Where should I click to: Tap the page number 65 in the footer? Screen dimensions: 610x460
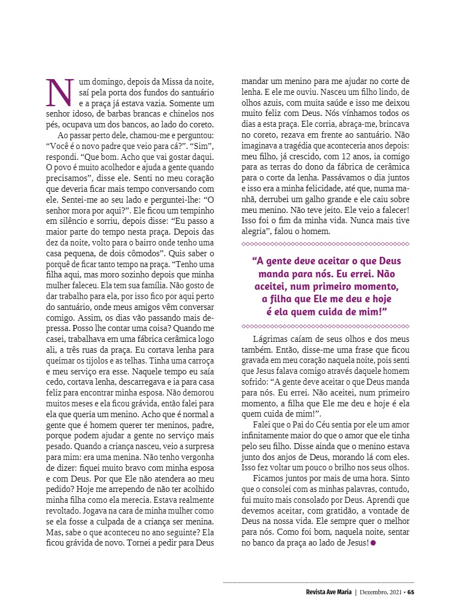tap(411, 592)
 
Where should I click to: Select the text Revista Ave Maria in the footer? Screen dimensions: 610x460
tap(328, 592)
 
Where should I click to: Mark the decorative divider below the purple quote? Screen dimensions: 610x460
tap(325, 326)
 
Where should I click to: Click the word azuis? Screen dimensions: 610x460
tap(264, 103)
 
